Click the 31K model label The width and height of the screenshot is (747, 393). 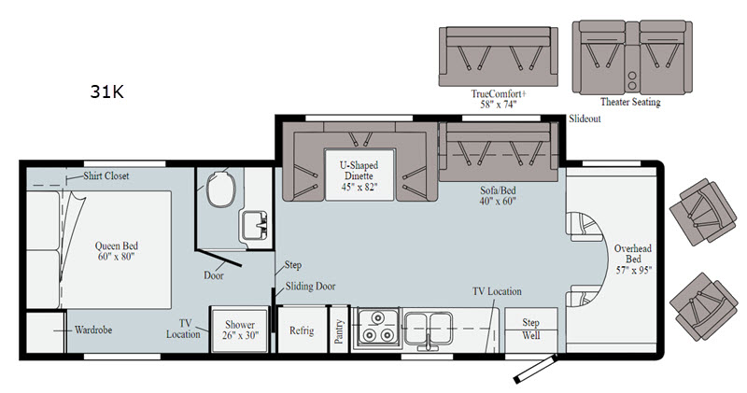coord(106,91)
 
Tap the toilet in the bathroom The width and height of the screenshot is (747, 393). coord(221,188)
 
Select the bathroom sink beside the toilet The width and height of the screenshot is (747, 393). coord(255,225)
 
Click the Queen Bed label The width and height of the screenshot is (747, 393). coord(116,251)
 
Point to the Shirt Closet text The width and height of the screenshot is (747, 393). coord(106,175)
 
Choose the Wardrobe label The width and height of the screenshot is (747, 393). coord(93,330)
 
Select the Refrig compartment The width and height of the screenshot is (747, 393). coord(302,330)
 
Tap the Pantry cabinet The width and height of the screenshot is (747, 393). coord(339,330)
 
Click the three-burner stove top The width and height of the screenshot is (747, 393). coord(375,329)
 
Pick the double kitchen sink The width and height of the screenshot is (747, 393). coord(429,329)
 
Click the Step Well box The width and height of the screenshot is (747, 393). coord(530,330)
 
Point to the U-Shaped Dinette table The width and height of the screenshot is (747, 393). coord(359,175)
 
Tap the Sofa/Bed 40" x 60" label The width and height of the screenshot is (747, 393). coord(498,195)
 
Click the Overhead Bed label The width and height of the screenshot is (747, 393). coord(633,260)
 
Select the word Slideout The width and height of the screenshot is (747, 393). coord(585,119)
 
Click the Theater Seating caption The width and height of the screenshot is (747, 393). coord(630,102)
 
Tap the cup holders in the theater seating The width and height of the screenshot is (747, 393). coord(632,80)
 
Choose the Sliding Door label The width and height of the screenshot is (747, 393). coord(310,287)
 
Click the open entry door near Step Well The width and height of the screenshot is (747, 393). coord(535,369)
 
